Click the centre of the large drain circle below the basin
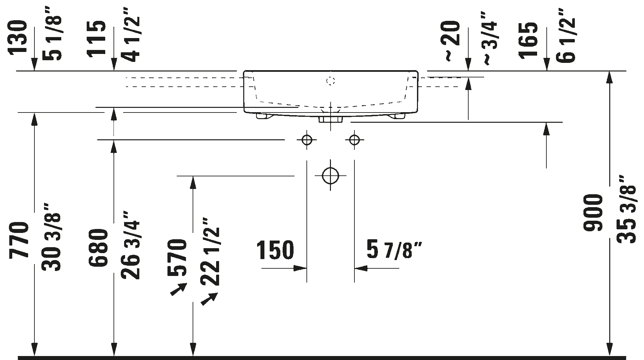(330, 176)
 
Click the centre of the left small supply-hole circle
(307, 140)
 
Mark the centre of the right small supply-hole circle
(354, 140)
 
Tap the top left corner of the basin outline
(244, 70)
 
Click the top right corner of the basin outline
(418, 70)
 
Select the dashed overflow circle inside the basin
(331, 81)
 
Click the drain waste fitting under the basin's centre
(330, 119)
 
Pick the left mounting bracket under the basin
(264, 116)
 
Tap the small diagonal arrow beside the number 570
(179, 289)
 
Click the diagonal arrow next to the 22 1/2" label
(209, 298)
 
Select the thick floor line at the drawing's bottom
(322, 358)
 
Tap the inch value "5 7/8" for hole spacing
(394, 250)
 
